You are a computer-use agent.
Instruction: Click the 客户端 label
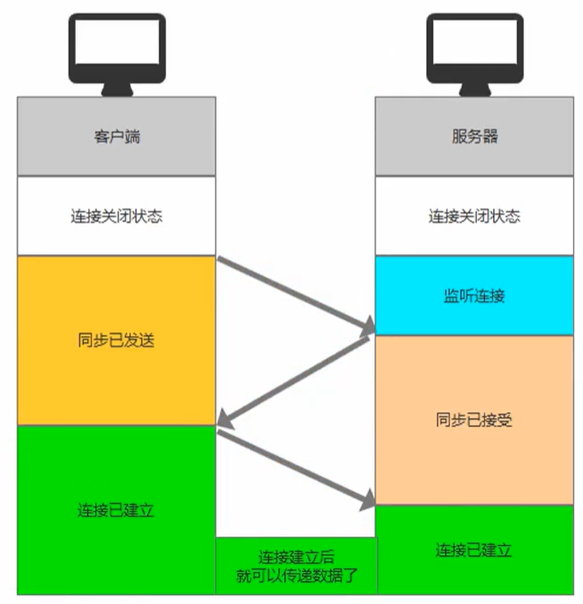[117, 136]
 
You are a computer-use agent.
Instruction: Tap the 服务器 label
[474, 136]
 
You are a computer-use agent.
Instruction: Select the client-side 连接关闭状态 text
[117, 216]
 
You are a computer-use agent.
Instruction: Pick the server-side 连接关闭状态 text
[474, 216]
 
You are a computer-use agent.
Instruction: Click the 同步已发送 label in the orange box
[116, 340]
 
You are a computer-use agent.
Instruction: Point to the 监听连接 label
[474, 296]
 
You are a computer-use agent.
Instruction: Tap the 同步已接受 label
[474, 420]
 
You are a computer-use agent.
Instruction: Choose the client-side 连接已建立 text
[116, 510]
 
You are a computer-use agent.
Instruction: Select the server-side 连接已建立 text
[474, 550]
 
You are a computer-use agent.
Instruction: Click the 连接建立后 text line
[296, 557]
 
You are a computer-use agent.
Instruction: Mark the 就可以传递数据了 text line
[297, 575]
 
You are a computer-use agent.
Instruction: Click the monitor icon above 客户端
[117, 54]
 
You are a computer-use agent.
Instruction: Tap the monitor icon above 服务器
[475, 54]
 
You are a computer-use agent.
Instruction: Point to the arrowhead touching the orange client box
[226, 420]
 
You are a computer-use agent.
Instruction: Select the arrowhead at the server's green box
[368, 501]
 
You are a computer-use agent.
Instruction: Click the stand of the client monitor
[117, 90]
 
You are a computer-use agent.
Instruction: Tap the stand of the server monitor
[475, 90]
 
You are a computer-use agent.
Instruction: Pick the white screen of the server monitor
[475, 42]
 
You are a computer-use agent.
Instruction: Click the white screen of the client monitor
[117, 42]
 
